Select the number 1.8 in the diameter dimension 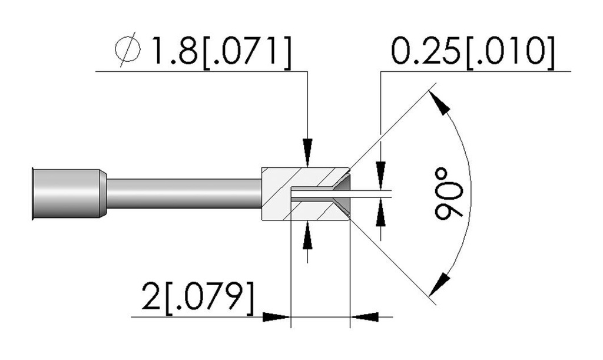(x=175, y=51)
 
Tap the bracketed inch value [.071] (x=247, y=52)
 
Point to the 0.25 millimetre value (x=426, y=51)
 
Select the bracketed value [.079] (x=210, y=298)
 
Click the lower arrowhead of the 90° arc (x=439, y=284)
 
